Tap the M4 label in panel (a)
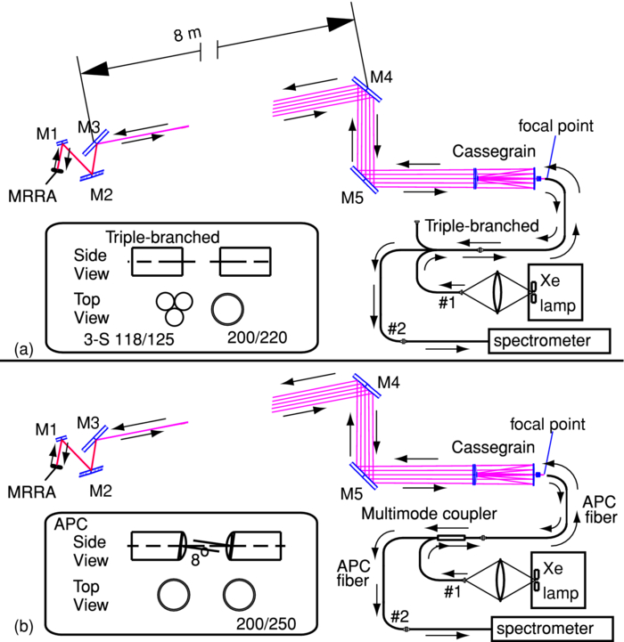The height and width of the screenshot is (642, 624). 382,77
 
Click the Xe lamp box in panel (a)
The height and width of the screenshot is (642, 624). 554,290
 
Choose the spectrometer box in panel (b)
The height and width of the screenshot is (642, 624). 554,626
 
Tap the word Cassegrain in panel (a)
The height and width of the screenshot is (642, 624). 487,150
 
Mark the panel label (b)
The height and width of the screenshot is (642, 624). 15,626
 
